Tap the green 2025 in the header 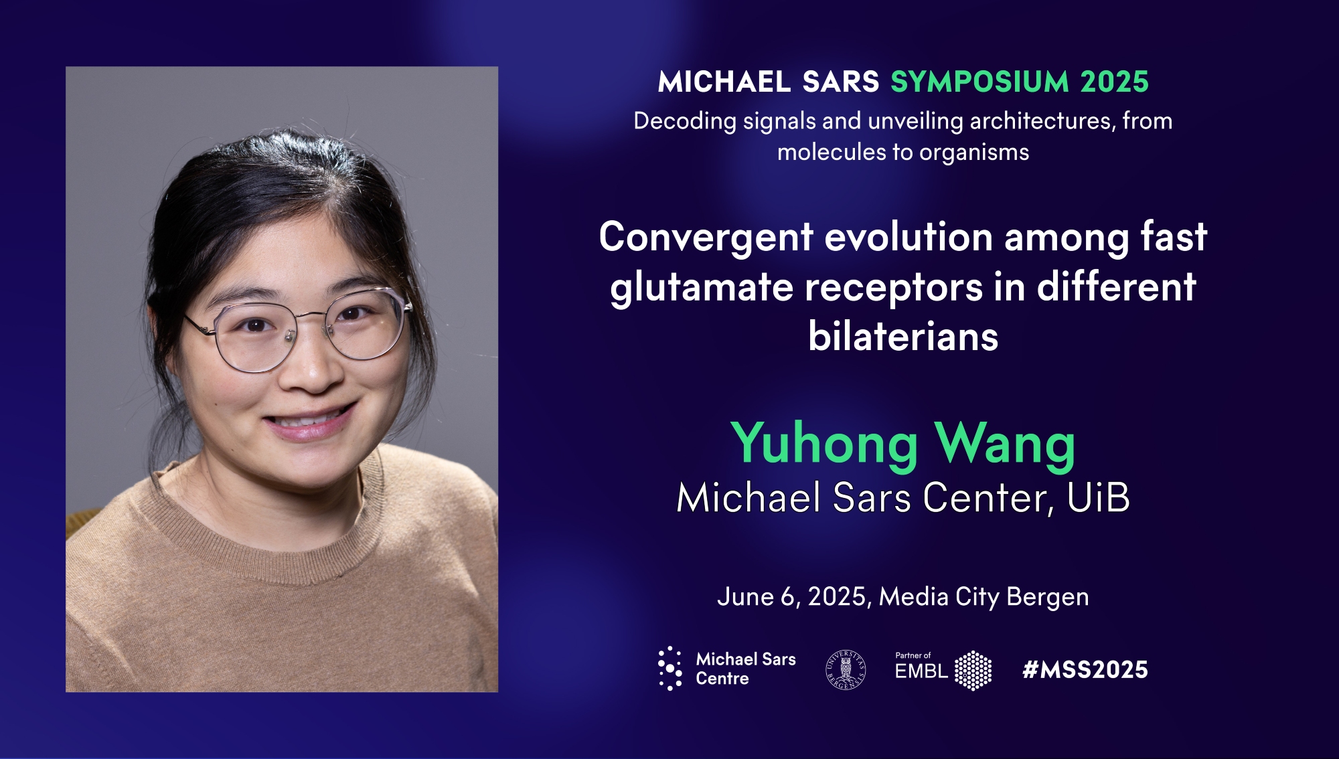pyautogui.click(x=1115, y=82)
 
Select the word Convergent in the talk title pyautogui.click(x=706, y=238)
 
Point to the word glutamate pyautogui.click(x=701, y=288)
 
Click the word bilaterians pyautogui.click(x=903, y=336)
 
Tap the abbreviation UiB pyautogui.click(x=1098, y=498)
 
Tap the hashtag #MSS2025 pyautogui.click(x=1085, y=669)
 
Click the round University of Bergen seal pyautogui.click(x=846, y=669)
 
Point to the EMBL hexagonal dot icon pyautogui.click(x=973, y=671)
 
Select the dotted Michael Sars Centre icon pyautogui.click(x=670, y=669)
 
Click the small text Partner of pyautogui.click(x=913, y=655)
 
